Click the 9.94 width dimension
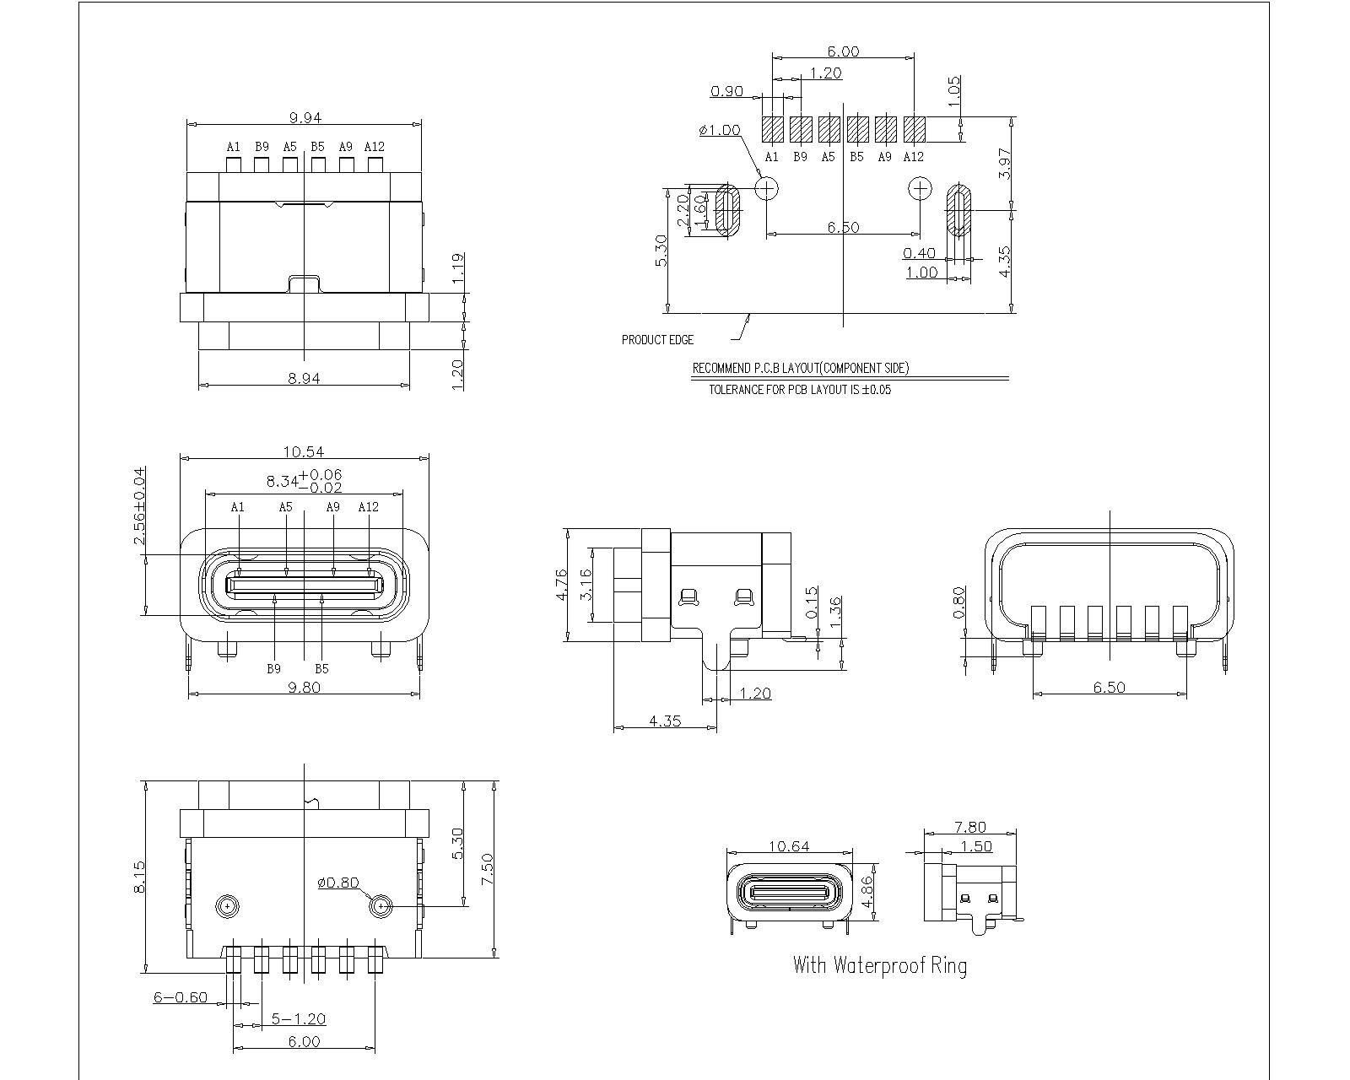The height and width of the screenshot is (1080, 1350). pos(305,118)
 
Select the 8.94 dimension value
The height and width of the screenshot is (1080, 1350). pos(305,379)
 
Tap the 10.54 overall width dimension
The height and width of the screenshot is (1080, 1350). pos(305,452)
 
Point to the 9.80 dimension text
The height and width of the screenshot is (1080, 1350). pos(305,687)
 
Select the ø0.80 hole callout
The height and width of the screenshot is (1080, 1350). pos(337,883)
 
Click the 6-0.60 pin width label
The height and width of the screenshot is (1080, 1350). pos(181,996)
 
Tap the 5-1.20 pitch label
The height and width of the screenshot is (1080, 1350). pos(298,1019)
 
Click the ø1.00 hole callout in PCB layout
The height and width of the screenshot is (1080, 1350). pos(720,130)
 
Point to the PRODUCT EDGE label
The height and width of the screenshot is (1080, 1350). pos(657,340)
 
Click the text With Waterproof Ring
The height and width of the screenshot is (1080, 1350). pos(879,965)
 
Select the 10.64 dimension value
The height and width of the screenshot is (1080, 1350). pos(789,846)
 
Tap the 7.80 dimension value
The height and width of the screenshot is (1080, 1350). pos(969,828)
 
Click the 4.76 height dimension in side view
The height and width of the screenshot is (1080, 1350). pos(563,585)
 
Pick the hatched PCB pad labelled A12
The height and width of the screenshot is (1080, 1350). pos(914,129)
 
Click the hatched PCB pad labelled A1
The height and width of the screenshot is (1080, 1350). pos(772,129)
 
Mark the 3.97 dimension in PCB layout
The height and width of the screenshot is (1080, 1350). pos(1005,163)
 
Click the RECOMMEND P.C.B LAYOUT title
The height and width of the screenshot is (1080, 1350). pos(801,369)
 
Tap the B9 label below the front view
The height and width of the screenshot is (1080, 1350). pos(273,669)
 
